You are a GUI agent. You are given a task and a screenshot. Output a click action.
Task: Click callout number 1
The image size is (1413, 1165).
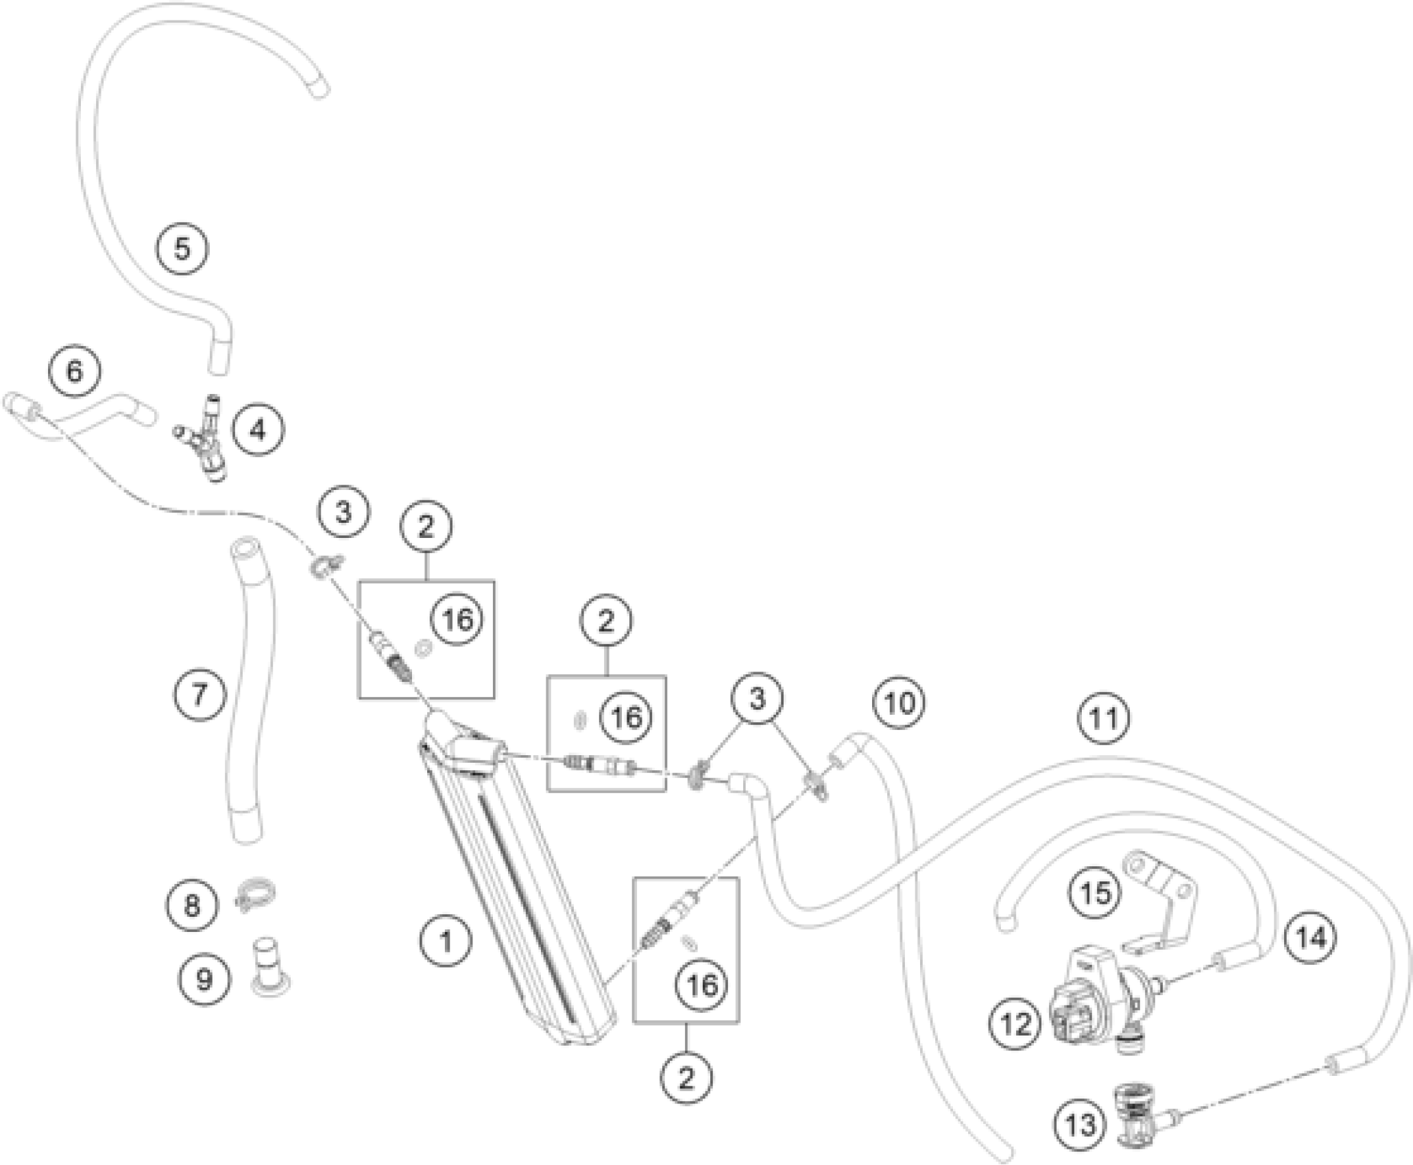446,942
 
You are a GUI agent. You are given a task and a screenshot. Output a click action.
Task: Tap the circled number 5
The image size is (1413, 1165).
182,248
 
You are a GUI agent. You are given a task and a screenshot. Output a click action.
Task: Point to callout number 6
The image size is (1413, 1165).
74,371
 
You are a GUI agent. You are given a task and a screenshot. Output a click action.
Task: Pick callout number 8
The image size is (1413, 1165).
192,906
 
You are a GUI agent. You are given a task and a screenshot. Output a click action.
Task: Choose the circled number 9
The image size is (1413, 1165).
205,980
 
